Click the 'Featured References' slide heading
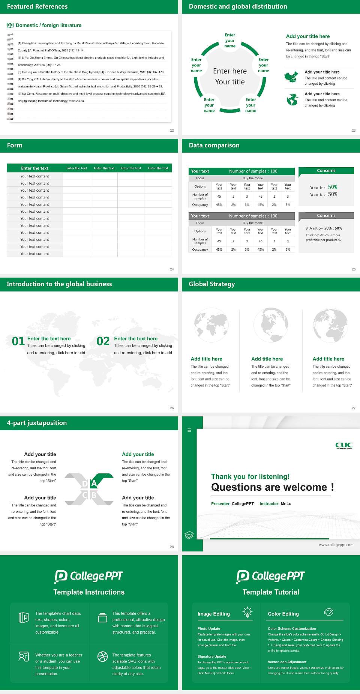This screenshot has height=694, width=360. coord(37,6)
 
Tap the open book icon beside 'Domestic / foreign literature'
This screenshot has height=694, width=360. coord(10,25)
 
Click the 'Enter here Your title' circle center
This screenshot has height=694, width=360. coord(229,76)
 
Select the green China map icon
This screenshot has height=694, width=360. coord(291,77)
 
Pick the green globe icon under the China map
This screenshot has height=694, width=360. coord(292,99)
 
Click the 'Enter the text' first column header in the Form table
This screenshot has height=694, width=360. coord(34,168)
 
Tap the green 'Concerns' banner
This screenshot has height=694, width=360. coord(326,171)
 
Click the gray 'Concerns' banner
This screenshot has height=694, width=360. coord(326,216)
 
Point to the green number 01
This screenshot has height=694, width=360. coord(18,341)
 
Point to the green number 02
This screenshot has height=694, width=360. coord(103,341)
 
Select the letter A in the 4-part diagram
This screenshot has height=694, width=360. coord(94,484)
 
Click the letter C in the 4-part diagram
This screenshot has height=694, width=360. coord(85,495)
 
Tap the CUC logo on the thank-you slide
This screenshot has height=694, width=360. coord(344,445)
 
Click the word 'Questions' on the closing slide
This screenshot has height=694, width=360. coord(236,487)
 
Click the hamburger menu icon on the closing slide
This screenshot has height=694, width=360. coord(189,430)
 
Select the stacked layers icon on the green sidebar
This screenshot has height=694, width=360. coord(189,535)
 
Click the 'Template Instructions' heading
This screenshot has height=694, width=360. coord(89,592)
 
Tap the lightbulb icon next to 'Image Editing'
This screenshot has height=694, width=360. coord(247,612)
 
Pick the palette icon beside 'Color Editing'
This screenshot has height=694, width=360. coord(328,612)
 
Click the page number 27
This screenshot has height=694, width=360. coord(354,408)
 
